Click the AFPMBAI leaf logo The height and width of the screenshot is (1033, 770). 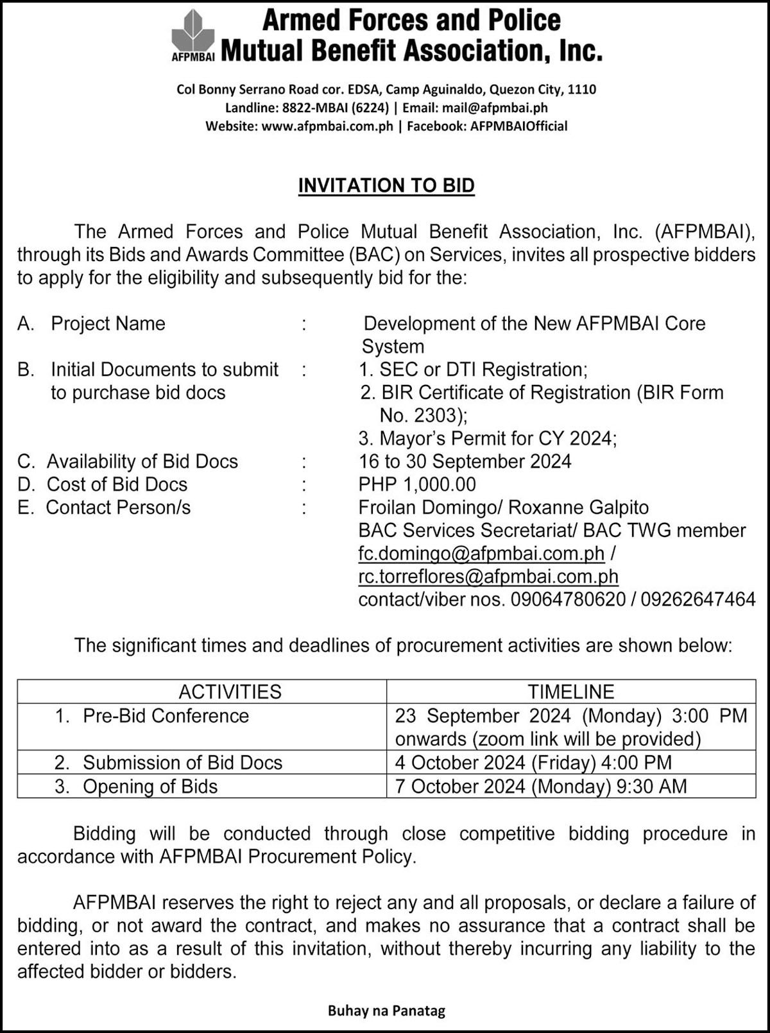coord(193,33)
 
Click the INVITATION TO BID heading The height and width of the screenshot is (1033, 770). coord(386,185)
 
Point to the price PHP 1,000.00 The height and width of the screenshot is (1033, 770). coord(417,484)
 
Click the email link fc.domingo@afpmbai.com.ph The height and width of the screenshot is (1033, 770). coord(481,553)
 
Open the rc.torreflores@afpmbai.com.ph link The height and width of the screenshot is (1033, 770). coord(488,576)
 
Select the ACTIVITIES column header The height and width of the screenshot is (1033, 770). coord(230,692)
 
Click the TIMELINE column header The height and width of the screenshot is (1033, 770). coord(570,692)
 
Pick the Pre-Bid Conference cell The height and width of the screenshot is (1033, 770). coord(166,716)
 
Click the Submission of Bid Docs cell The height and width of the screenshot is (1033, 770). coord(182,762)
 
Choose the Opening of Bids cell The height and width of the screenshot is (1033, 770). coord(150,786)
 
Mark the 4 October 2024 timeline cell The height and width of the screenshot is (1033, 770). coord(533,762)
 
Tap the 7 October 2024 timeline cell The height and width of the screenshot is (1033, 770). coord(541,786)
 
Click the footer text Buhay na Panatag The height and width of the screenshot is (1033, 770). coord(386,1011)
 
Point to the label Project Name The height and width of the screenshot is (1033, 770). coord(108,323)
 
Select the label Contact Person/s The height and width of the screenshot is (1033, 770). coord(118,508)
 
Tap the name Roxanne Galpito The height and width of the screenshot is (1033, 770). coord(579,508)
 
